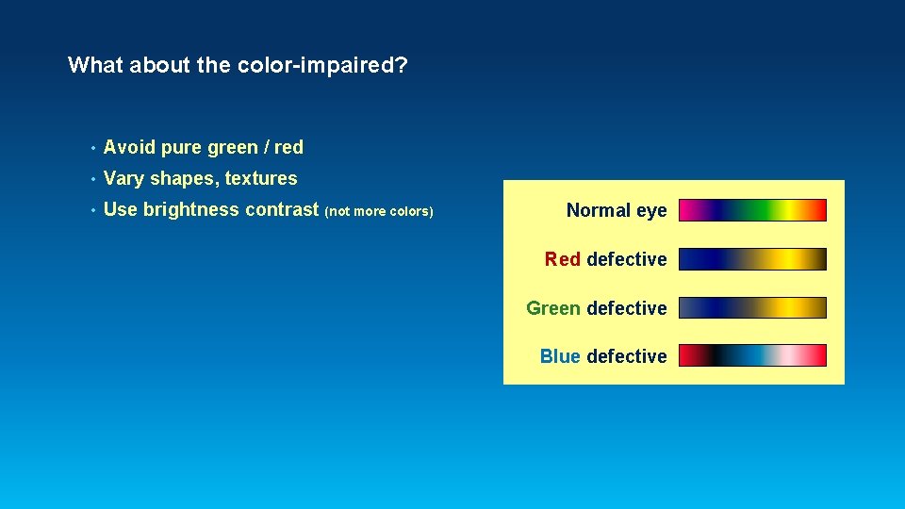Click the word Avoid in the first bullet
tap(129, 147)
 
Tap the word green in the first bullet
tap(232, 148)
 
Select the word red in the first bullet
tap(288, 147)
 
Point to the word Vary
tap(123, 179)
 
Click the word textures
tap(261, 178)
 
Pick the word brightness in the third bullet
tap(191, 210)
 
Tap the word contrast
tap(282, 210)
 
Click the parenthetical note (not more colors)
tap(379, 211)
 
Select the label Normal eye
tap(617, 210)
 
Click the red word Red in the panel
tap(563, 259)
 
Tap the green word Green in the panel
tap(553, 308)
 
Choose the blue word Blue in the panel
tap(560, 356)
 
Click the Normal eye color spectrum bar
tap(752, 210)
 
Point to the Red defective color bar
tap(752, 259)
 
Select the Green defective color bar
tap(752, 308)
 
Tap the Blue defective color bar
tap(752, 355)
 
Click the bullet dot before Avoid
tap(92, 148)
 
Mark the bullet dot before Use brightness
tap(92, 211)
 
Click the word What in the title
tap(95, 65)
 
